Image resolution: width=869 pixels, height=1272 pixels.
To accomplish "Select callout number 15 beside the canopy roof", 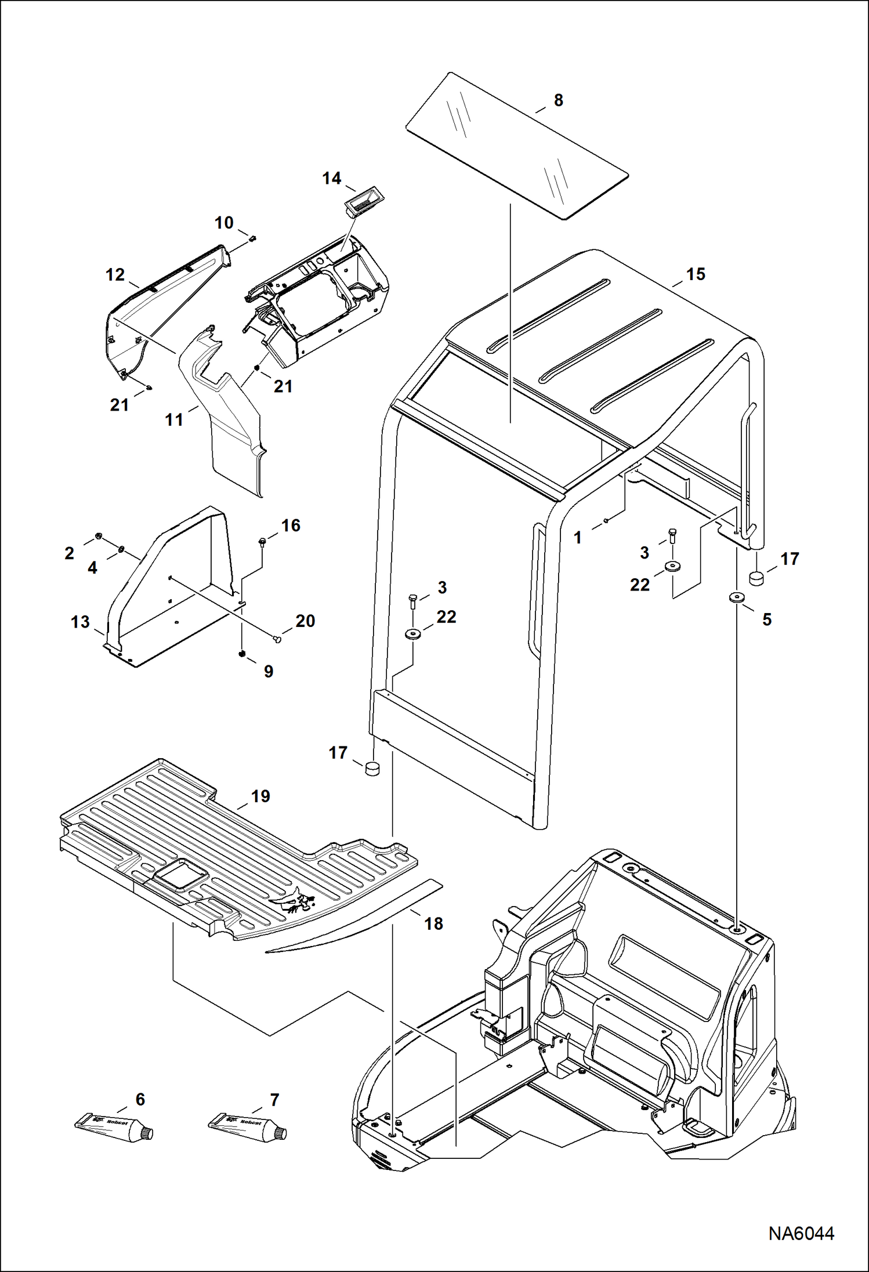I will (x=696, y=274).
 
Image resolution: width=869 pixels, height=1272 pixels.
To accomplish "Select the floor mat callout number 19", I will (x=260, y=796).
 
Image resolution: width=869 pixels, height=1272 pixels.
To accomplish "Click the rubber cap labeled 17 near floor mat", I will (x=371, y=769).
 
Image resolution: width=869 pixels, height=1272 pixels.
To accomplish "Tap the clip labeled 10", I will (x=253, y=237).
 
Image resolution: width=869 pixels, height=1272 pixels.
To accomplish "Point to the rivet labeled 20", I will (x=277, y=639).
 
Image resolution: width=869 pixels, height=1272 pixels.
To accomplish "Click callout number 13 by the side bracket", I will (x=80, y=622).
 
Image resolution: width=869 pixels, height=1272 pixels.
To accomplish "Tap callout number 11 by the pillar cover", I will (x=174, y=419).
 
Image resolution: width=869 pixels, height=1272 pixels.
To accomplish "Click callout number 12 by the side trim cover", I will (x=115, y=274).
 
